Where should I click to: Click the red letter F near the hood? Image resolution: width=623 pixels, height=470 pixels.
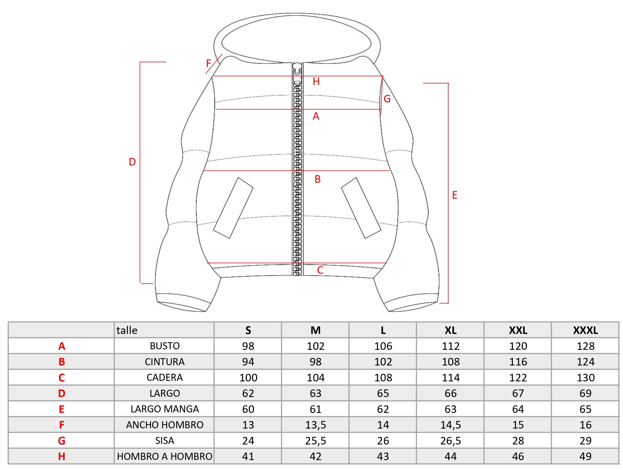[x=208, y=63]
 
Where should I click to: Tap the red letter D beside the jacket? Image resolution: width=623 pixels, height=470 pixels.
[x=132, y=162]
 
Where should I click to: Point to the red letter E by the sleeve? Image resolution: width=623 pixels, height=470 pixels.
[x=454, y=195]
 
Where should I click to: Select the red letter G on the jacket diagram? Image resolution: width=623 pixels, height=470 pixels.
[x=387, y=99]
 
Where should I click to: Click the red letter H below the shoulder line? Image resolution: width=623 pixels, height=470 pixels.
[x=316, y=82]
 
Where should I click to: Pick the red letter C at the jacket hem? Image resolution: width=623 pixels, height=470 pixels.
[x=320, y=270]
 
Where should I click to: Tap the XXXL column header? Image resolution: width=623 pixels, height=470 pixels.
[x=585, y=330]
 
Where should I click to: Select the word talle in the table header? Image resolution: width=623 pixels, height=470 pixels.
[x=127, y=330]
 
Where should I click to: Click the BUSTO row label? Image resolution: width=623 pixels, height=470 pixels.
[x=165, y=346]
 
